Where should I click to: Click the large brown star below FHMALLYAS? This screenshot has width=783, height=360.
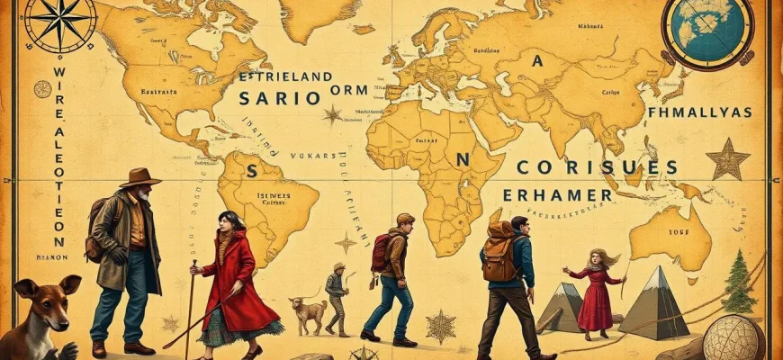pos(727,160)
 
